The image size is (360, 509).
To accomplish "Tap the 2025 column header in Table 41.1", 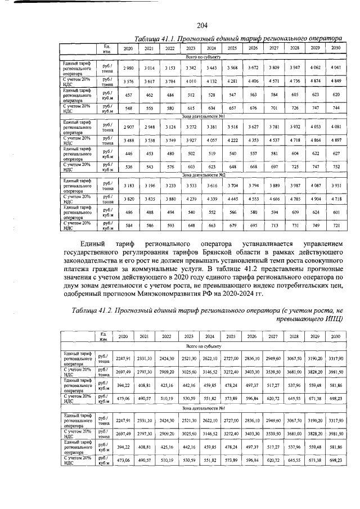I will click(232, 48).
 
